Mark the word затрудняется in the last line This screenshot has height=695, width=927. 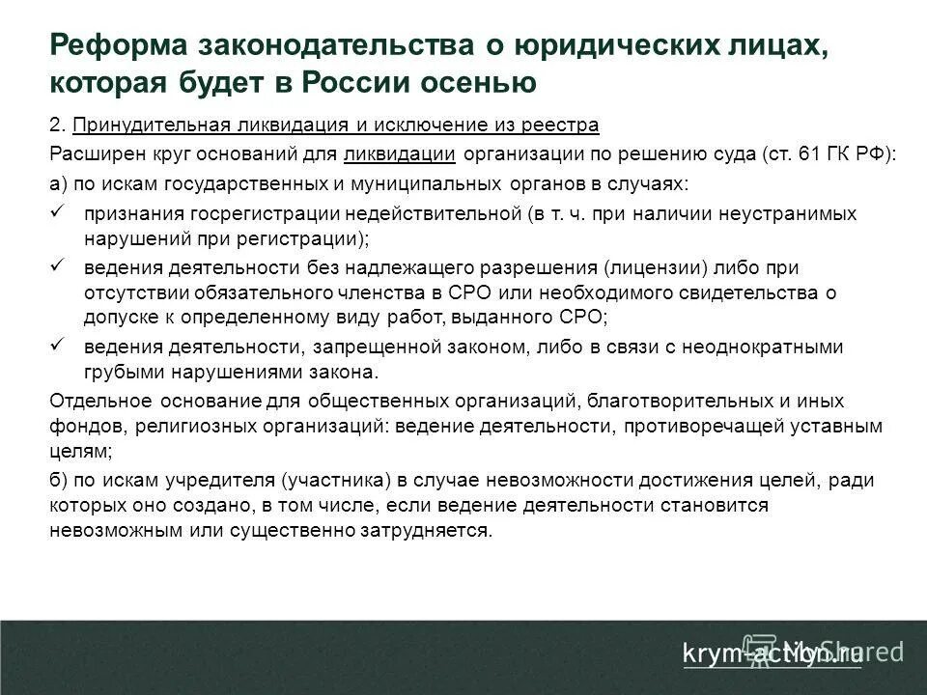[435, 531]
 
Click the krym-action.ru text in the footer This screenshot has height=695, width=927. [772, 653]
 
